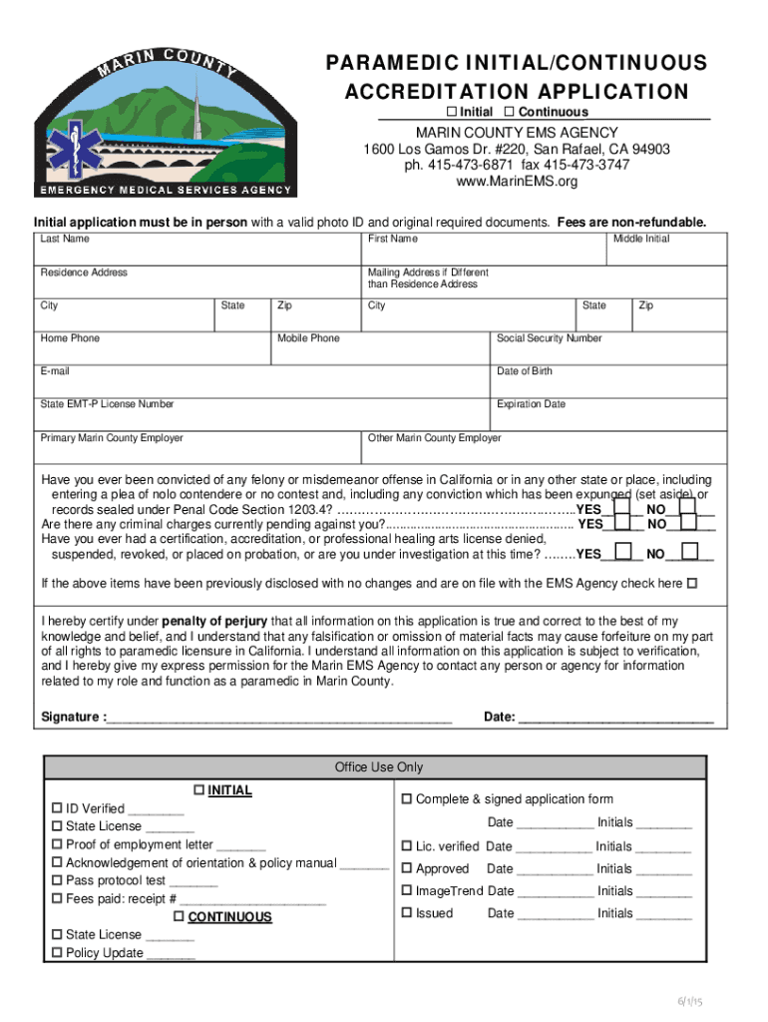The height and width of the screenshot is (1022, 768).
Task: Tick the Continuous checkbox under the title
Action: click(509, 111)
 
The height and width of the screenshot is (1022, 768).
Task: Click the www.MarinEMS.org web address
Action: click(517, 182)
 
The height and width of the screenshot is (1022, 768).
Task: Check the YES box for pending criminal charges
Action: click(622, 521)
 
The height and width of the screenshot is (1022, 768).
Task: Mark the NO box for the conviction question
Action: click(687, 505)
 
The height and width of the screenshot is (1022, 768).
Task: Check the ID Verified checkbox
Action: click(57, 808)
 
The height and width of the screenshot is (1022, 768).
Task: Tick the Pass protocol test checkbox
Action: click(57, 880)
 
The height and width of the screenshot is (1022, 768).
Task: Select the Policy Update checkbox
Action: click(57, 953)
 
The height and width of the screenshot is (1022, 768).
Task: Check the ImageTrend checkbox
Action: click(407, 890)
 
